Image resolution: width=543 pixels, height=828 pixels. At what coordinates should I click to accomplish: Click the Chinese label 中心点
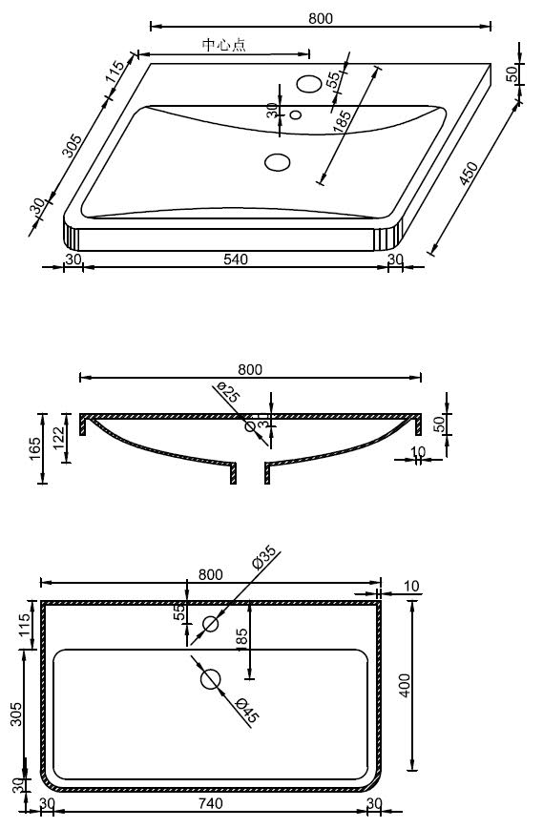tap(223, 45)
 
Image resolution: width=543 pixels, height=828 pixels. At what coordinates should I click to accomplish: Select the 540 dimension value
tap(236, 258)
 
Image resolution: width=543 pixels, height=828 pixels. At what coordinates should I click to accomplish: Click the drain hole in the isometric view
tap(278, 162)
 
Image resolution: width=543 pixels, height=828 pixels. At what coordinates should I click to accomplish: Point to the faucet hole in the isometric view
tap(309, 84)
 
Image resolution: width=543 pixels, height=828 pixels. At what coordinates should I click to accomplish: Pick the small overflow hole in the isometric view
tap(295, 116)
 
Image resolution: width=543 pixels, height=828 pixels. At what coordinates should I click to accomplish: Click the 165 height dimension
tap(33, 447)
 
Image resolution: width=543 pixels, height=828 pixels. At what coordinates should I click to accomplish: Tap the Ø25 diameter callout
tap(226, 392)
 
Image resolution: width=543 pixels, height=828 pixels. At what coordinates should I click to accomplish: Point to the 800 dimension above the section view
tap(250, 369)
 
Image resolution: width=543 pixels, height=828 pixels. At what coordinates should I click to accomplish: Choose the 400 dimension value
tap(405, 684)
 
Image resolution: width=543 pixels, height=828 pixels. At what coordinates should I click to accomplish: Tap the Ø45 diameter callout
tap(245, 711)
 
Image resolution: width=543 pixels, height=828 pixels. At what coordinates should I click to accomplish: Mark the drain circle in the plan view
tap(211, 679)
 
